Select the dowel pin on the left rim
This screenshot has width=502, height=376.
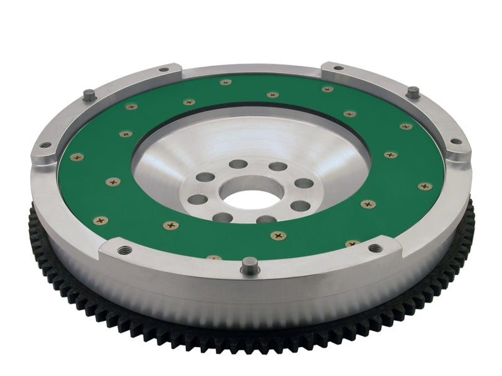[90, 95]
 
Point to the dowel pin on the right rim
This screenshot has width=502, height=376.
[412, 92]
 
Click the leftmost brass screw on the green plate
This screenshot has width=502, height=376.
[77, 157]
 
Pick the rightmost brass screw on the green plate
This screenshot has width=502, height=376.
[425, 186]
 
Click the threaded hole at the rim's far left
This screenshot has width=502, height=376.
[45, 145]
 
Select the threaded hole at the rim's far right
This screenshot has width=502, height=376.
[456, 141]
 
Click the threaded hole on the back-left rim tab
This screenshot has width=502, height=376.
[163, 70]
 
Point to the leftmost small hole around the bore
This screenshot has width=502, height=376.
[197, 199]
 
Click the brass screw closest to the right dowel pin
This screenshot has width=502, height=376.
[407, 127]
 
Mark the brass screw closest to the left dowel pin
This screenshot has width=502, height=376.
[131, 107]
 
